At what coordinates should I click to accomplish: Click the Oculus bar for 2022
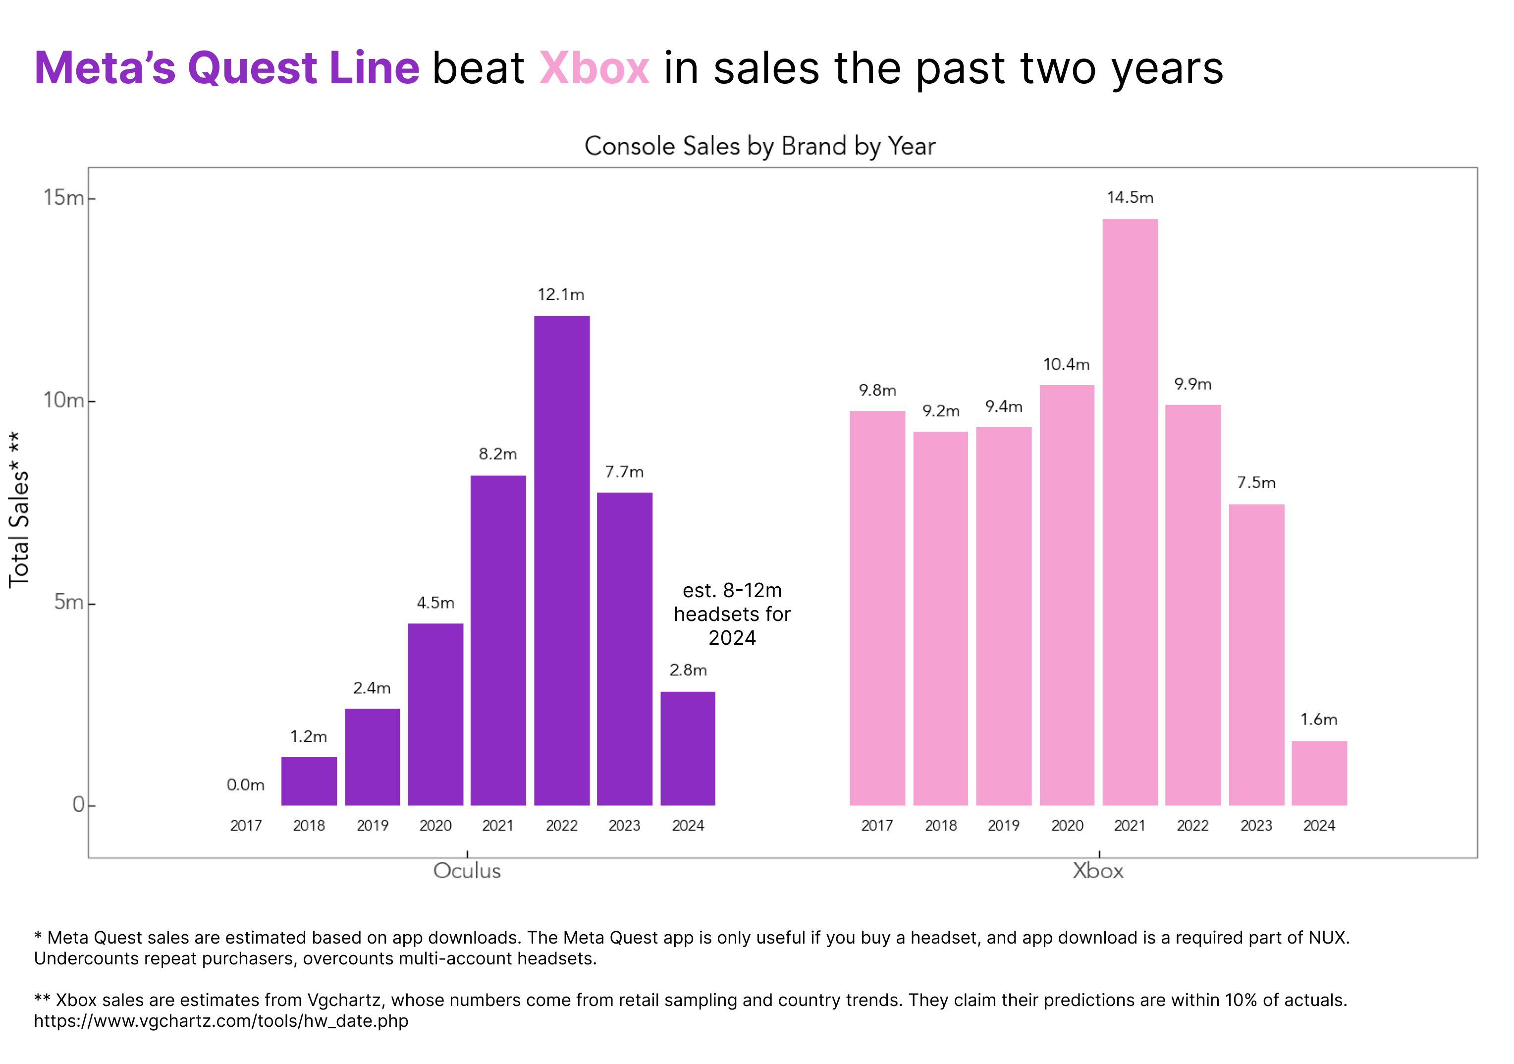(x=561, y=560)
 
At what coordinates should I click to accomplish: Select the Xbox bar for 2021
(x=1130, y=512)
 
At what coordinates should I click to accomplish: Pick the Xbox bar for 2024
(x=1319, y=773)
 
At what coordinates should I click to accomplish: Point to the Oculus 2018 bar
(x=309, y=781)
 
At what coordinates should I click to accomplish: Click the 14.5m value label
(x=1130, y=198)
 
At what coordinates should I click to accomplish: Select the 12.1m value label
(x=560, y=295)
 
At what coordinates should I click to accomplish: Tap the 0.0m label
(x=245, y=785)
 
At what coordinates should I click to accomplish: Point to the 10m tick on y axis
(x=64, y=400)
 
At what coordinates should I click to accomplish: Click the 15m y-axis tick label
(x=64, y=197)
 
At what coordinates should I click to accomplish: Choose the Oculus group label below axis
(x=467, y=871)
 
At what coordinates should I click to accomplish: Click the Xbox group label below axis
(x=1098, y=871)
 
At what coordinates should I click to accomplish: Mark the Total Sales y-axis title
(x=18, y=509)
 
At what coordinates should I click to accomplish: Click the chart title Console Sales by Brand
(x=759, y=146)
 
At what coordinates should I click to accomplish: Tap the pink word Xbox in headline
(x=594, y=68)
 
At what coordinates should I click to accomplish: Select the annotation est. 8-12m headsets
(x=732, y=614)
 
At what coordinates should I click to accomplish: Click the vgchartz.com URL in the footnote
(x=221, y=1021)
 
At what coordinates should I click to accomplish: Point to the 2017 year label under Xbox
(x=877, y=826)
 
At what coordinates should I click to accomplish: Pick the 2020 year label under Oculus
(x=435, y=826)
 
